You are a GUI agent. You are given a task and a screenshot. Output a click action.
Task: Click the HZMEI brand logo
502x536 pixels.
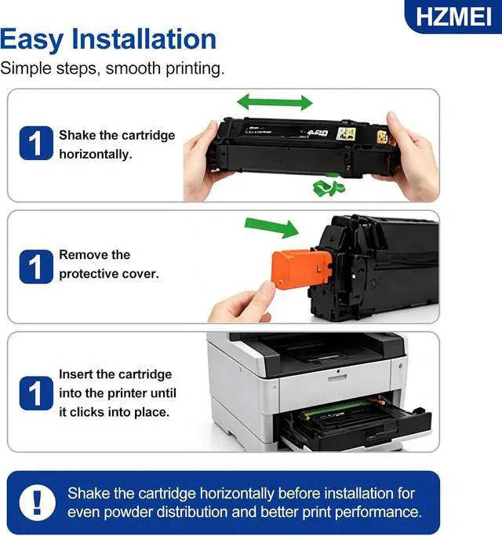453,16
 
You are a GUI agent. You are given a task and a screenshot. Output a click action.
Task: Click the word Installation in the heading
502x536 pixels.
144,39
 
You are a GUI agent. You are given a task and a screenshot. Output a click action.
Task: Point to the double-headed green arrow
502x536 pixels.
275,102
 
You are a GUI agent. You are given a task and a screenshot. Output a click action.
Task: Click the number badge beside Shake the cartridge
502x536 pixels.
36,144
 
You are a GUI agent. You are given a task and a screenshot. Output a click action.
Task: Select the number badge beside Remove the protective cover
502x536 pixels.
36,267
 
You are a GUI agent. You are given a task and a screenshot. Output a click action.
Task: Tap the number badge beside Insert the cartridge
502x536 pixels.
36,393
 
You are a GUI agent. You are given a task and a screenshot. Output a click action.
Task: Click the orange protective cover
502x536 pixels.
301,268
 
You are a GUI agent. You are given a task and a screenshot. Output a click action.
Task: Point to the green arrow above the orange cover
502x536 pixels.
271,228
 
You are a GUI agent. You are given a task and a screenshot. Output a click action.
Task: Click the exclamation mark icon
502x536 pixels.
37,503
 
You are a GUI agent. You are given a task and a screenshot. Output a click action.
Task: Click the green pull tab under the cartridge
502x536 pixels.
329,188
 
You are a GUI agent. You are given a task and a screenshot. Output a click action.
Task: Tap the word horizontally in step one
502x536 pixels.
96,155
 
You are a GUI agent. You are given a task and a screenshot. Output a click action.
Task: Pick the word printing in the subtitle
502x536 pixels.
195,69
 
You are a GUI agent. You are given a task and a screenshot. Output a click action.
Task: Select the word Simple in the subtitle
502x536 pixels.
26,69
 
